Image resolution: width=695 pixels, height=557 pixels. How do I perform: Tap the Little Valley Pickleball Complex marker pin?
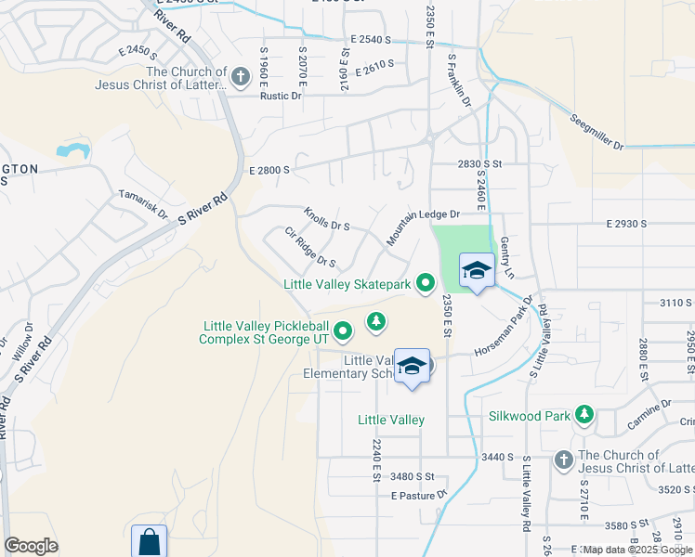pos(343,330)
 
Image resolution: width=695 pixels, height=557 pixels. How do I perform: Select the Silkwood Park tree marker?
pos(584,415)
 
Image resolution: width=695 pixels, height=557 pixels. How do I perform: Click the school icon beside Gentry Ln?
pos(477,271)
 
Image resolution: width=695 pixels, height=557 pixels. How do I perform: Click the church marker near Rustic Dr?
pos(241,77)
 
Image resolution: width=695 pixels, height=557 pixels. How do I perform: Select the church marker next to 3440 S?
pos(564,460)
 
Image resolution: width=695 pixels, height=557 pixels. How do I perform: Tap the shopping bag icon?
pos(149,541)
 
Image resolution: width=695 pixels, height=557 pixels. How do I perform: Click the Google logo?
pos(31,546)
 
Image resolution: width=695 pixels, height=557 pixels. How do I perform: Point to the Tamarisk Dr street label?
pos(142,204)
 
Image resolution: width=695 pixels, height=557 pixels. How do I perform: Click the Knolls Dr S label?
pos(327,219)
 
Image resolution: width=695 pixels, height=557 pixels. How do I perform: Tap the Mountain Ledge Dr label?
pos(424,227)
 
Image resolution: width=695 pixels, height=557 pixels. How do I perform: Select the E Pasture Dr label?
pos(419,496)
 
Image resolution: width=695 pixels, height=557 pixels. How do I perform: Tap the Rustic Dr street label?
pos(282,96)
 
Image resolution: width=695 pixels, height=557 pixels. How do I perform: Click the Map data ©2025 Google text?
pos(636,550)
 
